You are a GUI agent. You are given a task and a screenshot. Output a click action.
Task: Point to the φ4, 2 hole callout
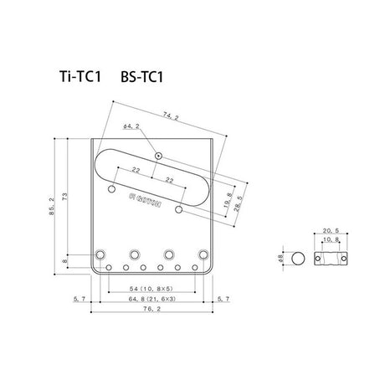[131, 126]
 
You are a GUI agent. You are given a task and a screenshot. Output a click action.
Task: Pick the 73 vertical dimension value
[64, 194]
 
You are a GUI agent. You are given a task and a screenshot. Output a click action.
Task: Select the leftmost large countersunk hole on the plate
[100, 253]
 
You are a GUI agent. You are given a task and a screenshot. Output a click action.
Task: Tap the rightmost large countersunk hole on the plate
[202, 253]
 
